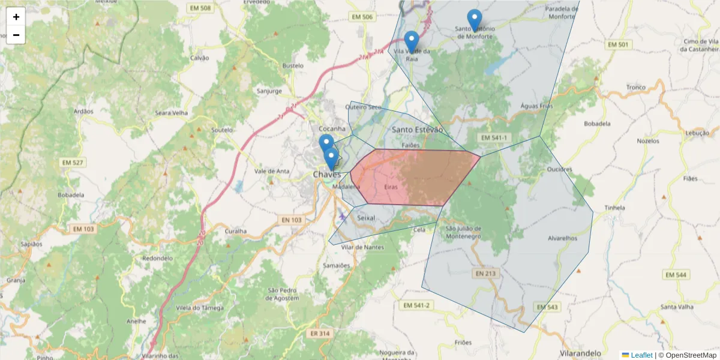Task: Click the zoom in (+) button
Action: click(x=16, y=17)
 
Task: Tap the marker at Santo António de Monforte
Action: click(x=475, y=20)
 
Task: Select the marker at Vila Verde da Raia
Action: click(x=411, y=41)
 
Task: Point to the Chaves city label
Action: click(x=327, y=174)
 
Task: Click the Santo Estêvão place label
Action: click(x=417, y=130)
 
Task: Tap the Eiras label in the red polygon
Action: click(x=391, y=187)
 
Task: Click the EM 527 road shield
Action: click(x=73, y=163)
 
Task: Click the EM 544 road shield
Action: click(x=676, y=275)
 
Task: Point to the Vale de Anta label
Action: click(x=272, y=171)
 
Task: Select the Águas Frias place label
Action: click(x=536, y=106)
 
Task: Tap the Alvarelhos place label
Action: click(x=562, y=238)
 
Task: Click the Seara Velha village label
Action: click(x=172, y=113)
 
